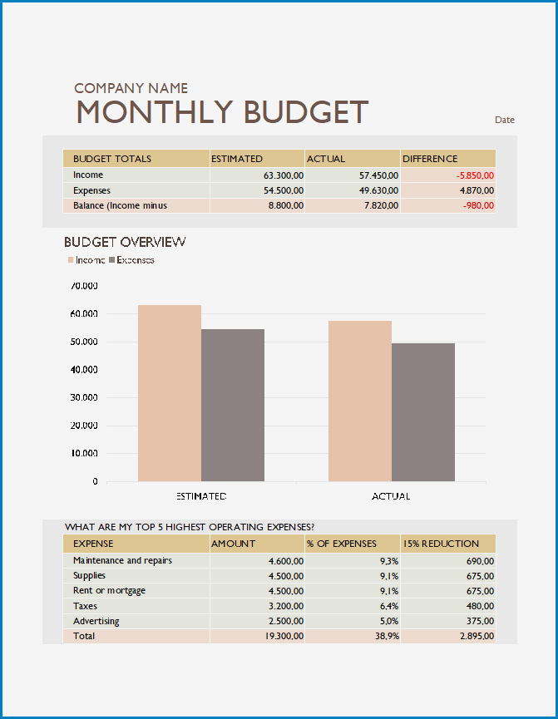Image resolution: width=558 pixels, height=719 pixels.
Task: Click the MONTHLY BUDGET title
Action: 222,112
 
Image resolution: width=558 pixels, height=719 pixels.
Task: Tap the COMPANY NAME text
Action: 131,88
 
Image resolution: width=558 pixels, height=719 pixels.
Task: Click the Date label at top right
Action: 504,120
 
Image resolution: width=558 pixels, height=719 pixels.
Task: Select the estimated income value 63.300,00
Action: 283,175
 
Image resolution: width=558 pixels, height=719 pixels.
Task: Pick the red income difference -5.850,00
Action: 475,175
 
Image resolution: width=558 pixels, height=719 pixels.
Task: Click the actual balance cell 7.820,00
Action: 382,205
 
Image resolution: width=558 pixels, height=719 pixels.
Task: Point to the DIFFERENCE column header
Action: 430,159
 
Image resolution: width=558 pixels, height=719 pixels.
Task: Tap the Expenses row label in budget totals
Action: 91,190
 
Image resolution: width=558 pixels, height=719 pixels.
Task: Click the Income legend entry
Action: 86,260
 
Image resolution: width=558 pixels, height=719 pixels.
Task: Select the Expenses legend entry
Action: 131,260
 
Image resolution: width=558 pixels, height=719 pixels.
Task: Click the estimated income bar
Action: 170,393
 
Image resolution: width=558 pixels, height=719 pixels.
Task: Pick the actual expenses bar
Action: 423,412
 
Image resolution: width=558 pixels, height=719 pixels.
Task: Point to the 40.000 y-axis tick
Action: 84,370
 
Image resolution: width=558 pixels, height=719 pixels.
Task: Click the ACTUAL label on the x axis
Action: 391,496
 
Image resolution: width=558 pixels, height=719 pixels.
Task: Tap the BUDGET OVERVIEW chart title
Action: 125,242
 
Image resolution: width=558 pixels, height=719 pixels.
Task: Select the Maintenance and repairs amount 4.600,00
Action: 286,561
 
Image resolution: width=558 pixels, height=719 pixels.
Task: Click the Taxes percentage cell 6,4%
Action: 389,606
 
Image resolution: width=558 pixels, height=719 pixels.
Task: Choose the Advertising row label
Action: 96,621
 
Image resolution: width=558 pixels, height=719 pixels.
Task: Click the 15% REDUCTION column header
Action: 441,544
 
